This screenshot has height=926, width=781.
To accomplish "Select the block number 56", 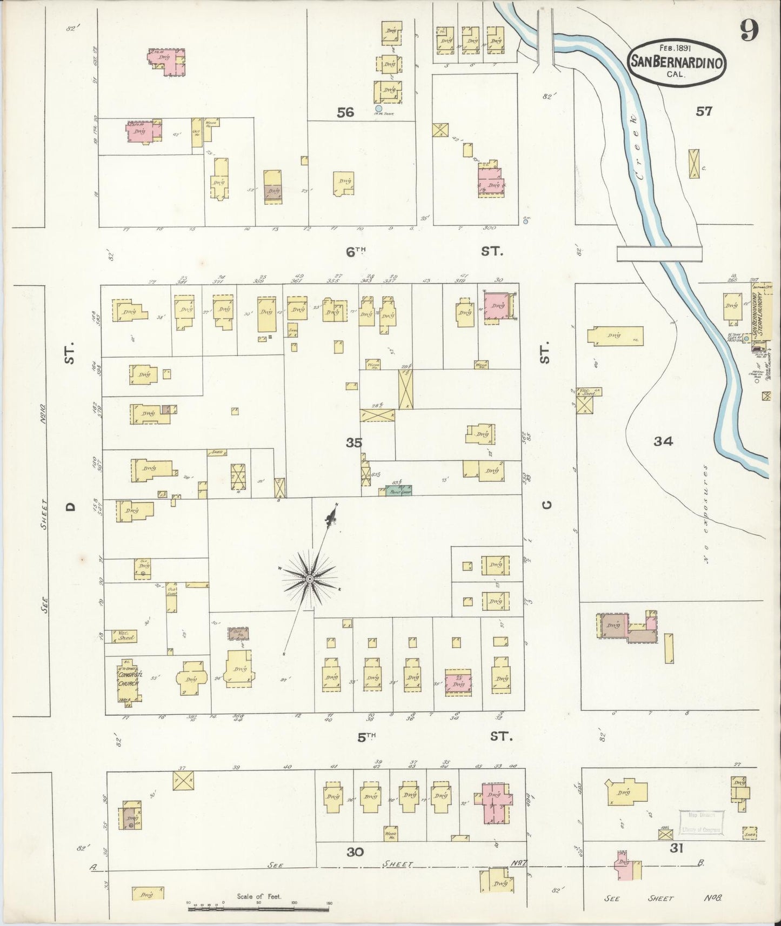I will (x=345, y=112).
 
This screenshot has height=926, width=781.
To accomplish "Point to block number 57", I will (x=704, y=111).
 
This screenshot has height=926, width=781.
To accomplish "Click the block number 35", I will (x=354, y=442).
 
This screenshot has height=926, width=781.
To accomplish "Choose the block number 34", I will (x=663, y=441).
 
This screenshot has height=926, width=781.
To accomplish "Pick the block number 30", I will (x=355, y=852).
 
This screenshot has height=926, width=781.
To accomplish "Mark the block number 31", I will (x=677, y=848).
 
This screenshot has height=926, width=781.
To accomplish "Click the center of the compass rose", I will (x=309, y=579).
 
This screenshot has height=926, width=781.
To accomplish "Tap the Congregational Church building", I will (x=129, y=680).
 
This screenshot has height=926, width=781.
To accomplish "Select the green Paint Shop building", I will (x=399, y=491).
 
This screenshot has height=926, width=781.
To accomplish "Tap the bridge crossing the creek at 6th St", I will (x=659, y=253).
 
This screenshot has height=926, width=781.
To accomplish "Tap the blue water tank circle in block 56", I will (x=379, y=108).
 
